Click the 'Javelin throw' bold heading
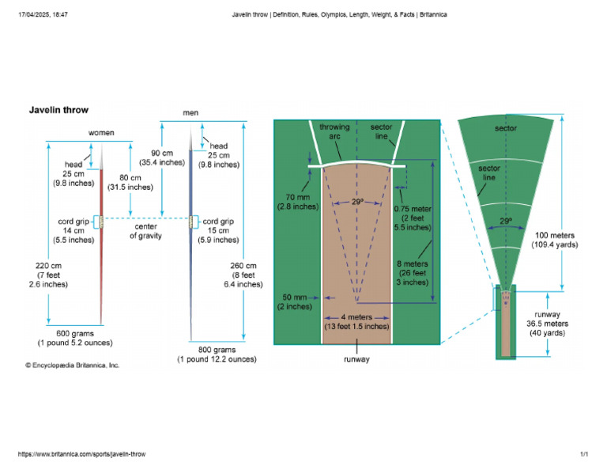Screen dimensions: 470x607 click(59, 110)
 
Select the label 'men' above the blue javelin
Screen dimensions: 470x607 click(190, 112)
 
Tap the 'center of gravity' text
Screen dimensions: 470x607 click(145, 230)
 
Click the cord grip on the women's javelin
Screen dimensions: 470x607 click(101, 222)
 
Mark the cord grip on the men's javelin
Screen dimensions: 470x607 click(192, 222)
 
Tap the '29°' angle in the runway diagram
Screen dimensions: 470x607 click(357, 203)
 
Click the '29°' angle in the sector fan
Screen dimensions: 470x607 click(506, 221)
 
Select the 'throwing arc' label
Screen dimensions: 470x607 click(334, 131)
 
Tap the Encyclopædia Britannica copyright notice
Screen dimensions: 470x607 click(73, 366)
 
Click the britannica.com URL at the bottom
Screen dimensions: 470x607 click(81, 455)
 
